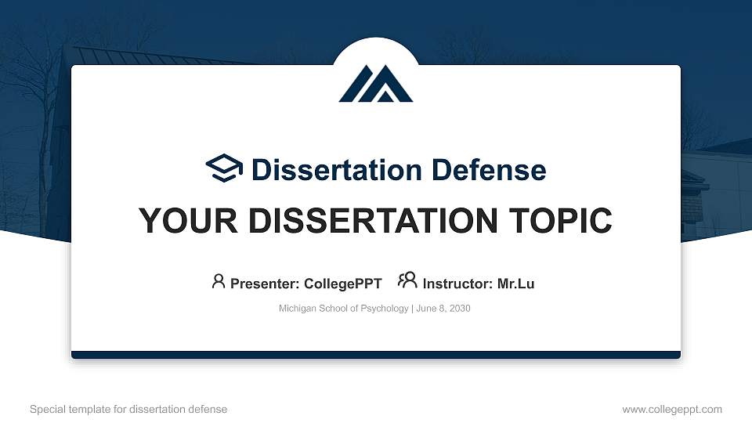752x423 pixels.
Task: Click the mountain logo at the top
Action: click(x=375, y=83)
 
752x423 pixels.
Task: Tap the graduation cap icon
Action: click(x=225, y=168)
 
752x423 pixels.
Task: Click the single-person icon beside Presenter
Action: click(x=219, y=281)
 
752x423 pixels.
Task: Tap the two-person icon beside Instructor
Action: click(x=407, y=280)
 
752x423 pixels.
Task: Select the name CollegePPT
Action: click(x=342, y=284)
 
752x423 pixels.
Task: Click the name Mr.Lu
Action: click(x=515, y=284)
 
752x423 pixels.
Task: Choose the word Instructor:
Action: click(x=457, y=284)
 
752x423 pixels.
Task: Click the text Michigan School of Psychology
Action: click(x=342, y=309)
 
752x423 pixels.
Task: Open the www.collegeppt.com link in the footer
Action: click(x=672, y=409)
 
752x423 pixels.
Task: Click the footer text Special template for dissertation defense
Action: click(x=128, y=409)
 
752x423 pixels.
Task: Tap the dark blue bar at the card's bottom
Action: click(x=376, y=355)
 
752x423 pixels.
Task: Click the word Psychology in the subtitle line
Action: click(x=384, y=309)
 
